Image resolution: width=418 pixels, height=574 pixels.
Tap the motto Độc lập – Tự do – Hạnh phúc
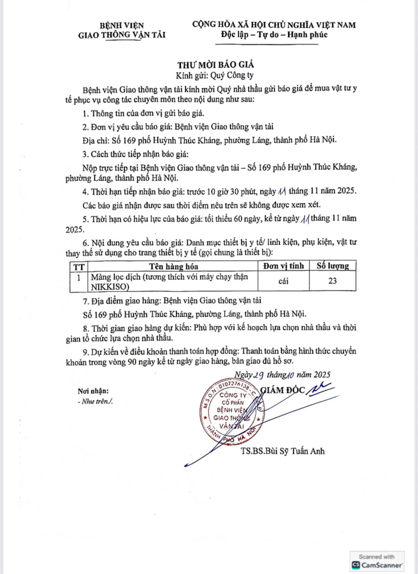tap(274, 34)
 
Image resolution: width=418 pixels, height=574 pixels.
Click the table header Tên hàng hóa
tap(173, 266)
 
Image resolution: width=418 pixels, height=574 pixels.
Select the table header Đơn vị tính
tap(283, 266)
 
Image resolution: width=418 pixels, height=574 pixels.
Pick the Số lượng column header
tap(332, 266)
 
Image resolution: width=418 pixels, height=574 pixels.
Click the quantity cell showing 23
tap(332, 281)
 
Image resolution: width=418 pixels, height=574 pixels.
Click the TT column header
tap(79, 266)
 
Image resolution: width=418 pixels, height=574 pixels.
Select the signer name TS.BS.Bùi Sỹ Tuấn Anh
tap(283, 451)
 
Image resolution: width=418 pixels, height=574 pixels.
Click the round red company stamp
tap(234, 411)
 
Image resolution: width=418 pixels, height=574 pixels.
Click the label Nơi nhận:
tap(93, 391)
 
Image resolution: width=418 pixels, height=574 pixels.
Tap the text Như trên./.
tap(95, 402)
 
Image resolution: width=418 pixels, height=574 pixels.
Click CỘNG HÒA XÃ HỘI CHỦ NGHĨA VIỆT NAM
tap(274, 24)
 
